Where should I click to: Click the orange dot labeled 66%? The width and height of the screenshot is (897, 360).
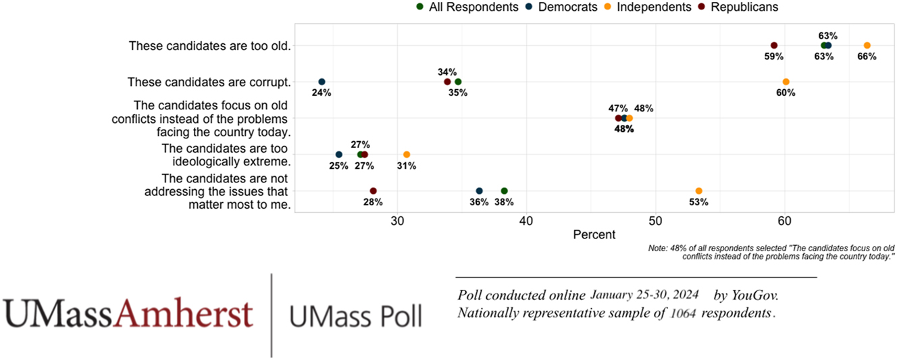coord(867,45)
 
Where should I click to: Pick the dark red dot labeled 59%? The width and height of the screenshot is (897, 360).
coord(774,45)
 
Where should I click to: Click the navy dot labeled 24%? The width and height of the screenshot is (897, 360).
coord(322,82)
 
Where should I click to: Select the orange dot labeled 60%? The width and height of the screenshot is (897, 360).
coord(786,82)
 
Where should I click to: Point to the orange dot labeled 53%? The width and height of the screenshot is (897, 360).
coord(698,190)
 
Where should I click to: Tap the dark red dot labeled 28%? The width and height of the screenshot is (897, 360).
coord(373,190)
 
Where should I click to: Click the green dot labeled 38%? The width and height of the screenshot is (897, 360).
coord(504,190)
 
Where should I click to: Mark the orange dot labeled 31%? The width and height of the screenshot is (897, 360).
coord(407,155)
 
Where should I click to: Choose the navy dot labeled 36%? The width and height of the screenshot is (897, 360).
coord(479,190)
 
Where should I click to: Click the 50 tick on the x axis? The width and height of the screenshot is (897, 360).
coord(655,220)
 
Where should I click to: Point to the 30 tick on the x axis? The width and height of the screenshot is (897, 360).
coord(398,220)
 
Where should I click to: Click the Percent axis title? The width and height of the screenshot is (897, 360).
coord(594,235)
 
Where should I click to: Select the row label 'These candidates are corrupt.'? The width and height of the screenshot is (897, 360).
coord(209,82)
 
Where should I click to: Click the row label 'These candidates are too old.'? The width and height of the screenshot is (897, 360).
coord(209,46)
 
